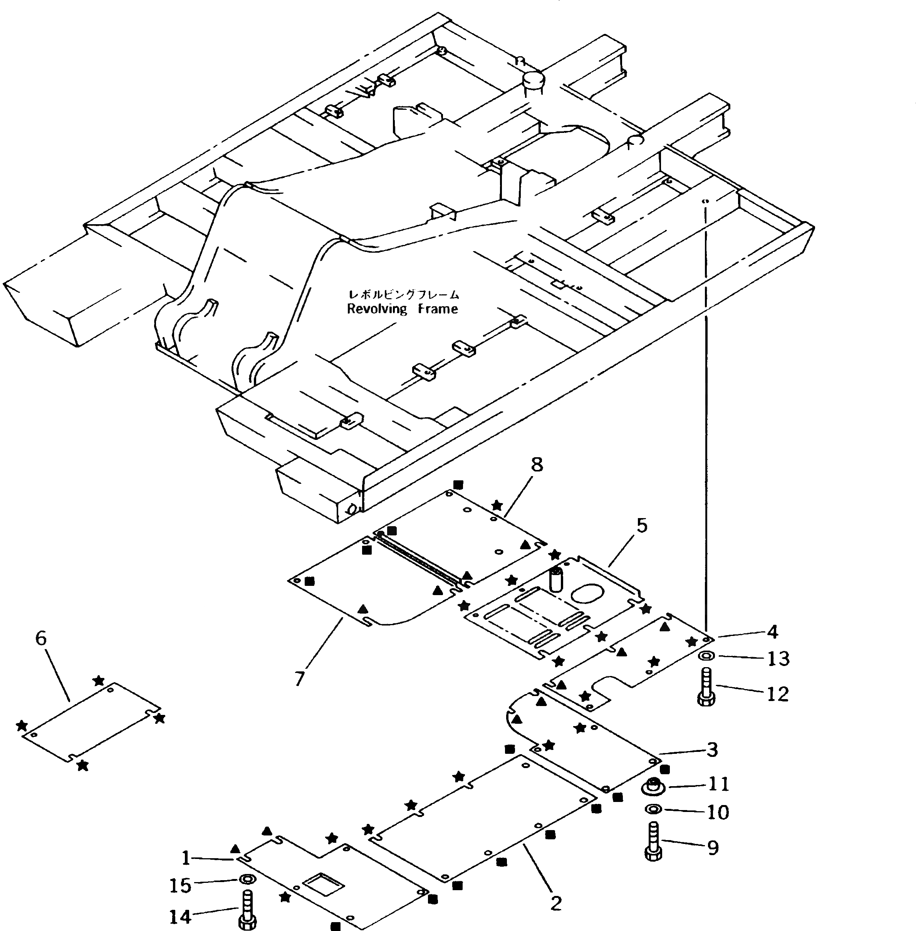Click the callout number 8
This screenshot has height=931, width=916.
[x=537, y=465]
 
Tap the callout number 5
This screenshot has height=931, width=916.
[x=642, y=525]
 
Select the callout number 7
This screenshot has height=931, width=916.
[x=299, y=679]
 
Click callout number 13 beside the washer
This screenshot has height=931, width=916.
[x=778, y=658]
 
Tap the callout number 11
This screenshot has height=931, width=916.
[x=719, y=784]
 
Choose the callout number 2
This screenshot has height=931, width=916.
[x=556, y=903]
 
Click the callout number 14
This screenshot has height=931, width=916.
[x=180, y=917]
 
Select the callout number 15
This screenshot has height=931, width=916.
[x=180, y=885]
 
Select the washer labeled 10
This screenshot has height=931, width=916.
[x=653, y=810]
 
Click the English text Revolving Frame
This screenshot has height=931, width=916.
[x=402, y=309]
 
